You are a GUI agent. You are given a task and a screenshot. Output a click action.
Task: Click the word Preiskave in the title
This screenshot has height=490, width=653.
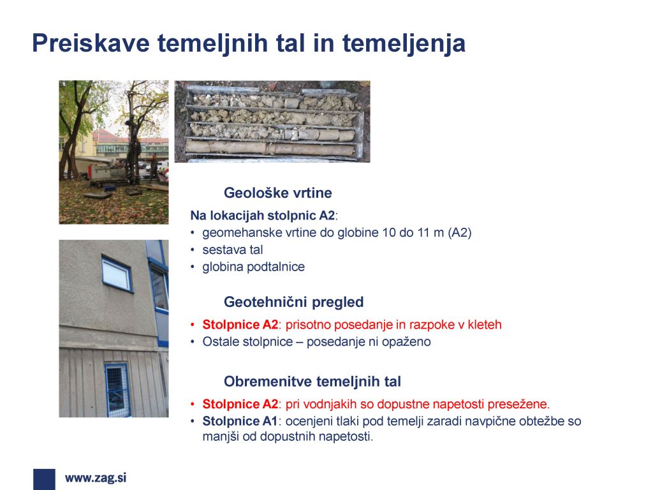[x=91, y=43]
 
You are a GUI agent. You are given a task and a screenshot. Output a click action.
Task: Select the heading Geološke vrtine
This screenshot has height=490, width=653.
[x=278, y=193]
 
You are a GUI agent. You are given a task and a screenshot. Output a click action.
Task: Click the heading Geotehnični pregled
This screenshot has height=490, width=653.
[x=293, y=302]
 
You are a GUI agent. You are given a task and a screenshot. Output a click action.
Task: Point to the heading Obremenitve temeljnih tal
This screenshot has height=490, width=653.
[x=312, y=382]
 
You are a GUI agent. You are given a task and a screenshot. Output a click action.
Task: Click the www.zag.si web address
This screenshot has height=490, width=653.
[x=96, y=477]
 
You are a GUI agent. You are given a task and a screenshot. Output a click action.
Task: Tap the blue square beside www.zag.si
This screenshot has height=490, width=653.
[x=44, y=479]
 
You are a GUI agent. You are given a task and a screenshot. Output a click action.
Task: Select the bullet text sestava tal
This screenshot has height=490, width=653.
[x=232, y=249]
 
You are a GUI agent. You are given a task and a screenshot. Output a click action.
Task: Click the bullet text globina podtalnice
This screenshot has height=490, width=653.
[x=254, y=267]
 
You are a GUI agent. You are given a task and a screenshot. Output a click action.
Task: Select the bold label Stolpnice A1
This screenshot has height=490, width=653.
[x=240, y=421]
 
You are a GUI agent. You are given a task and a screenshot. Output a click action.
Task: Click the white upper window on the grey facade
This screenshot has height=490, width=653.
[x=117, y=274]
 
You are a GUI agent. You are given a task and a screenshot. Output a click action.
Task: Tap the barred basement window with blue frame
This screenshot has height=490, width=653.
[x=117, y=389]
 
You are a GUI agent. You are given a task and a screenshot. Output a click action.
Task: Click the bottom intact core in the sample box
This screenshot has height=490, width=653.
[x=270, y=148]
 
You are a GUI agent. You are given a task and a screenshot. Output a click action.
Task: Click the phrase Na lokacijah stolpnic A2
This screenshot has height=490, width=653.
[x=262, y=216]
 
